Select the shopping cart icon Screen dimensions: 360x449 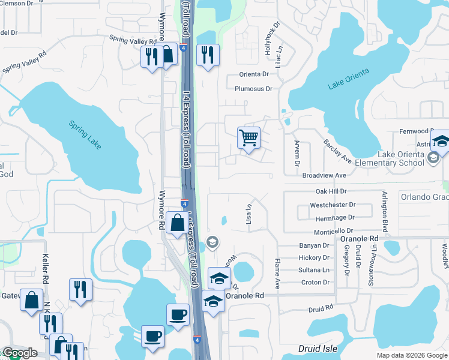[249, 138]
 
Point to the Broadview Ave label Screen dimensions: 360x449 [324, 175]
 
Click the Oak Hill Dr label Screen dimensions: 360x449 [331, 191]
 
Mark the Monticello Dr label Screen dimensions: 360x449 [333, 231]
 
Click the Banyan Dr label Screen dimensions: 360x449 [314, 245]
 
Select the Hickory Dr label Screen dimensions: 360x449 [314, 257]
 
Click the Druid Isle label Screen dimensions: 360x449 [318, 349]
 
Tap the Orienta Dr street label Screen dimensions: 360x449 [254, 74]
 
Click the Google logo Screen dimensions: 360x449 [19, 353]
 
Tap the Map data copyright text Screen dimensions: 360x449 [411, 355]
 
